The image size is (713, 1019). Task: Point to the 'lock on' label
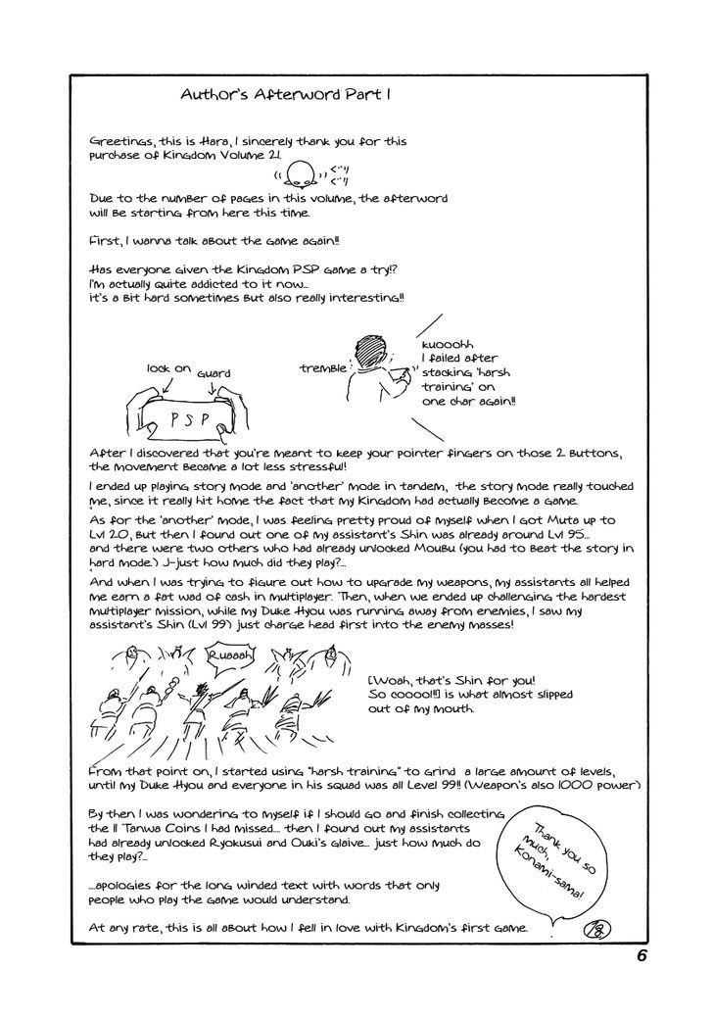[x=167, y=368]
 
